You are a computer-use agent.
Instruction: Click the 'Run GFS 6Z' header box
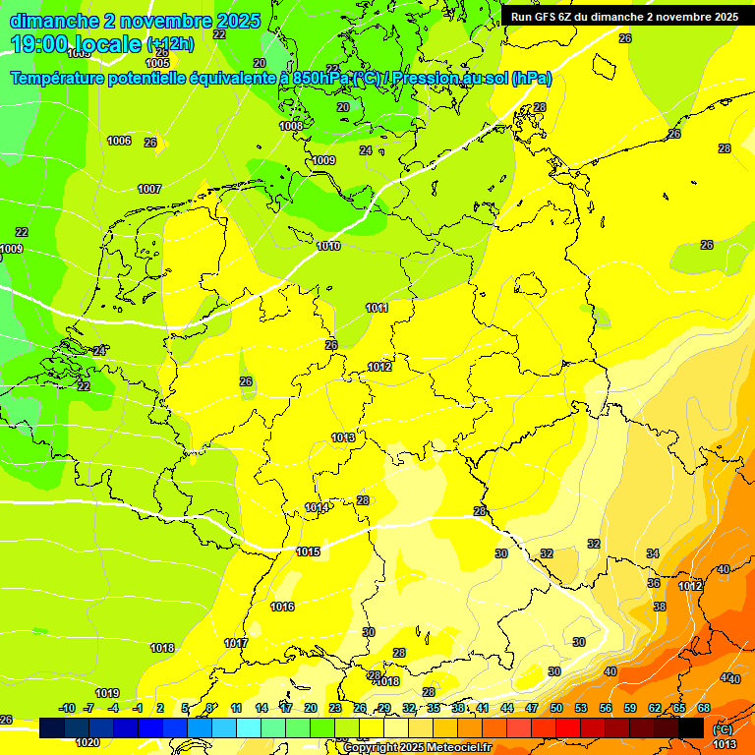[x=625, y=17]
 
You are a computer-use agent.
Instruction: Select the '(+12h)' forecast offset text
[x=170, y=44]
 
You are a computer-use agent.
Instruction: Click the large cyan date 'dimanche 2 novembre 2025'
[x=135, y=20]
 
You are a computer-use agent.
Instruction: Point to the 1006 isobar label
[x=119, y=142]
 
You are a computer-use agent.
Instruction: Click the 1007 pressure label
[x=149, y=189]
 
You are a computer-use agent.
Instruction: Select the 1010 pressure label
[x=329, y=246]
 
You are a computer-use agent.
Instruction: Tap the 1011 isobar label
[x=377, y=308]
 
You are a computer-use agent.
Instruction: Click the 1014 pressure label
[x=316, y=507]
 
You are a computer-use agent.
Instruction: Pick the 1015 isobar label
[x=309, y=552]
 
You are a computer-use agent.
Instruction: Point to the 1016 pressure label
[x=283, y=607]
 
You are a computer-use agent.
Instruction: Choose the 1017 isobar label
[x=236, y=643]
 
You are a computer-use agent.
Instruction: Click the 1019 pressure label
[x=107, y=693]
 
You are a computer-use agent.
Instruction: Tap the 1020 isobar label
[x=87, y=742]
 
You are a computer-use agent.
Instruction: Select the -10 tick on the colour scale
[x=67, y=708]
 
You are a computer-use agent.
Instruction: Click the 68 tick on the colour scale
[x=704, y=708]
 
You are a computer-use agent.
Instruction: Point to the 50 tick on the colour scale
[x=556, y=708]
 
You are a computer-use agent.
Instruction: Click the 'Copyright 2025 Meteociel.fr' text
[x=417, y=747]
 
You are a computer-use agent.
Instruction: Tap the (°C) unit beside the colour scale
[x=723, y=729]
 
